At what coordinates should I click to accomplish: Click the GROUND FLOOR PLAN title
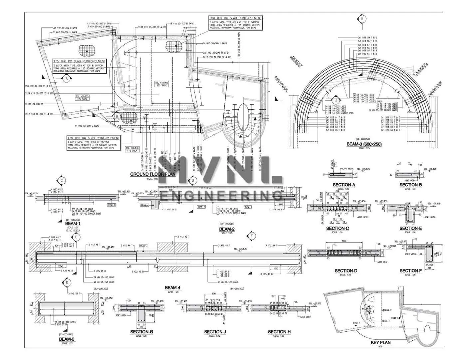tap(152, 174)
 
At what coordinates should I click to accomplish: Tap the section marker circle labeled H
tap(362, 19)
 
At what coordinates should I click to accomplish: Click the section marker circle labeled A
tap(67, 79)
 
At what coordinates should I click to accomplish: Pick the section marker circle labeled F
tap(251, 236)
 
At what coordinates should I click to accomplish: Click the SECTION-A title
tap(344, 185)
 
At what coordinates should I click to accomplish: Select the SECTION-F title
tap(410, 271)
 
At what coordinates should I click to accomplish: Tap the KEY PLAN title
tap(380, 342)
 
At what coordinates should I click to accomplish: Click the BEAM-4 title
tap(172, 288)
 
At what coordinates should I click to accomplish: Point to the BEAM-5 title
tap(67, 339)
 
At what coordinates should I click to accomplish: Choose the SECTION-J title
tap(215, 332)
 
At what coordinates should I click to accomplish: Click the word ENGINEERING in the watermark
tap(221, 196)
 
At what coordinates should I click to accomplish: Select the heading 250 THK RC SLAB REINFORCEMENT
tap(235, 18)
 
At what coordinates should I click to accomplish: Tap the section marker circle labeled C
tap(62, 181)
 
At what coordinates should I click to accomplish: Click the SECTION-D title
tap(346, 271)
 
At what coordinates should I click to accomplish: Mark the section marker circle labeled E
tap(76, 237)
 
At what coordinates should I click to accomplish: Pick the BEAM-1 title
tap(73, 224)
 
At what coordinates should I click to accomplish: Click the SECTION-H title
tap(279, 332)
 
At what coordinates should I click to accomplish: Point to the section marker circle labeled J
tap(336, 99)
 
